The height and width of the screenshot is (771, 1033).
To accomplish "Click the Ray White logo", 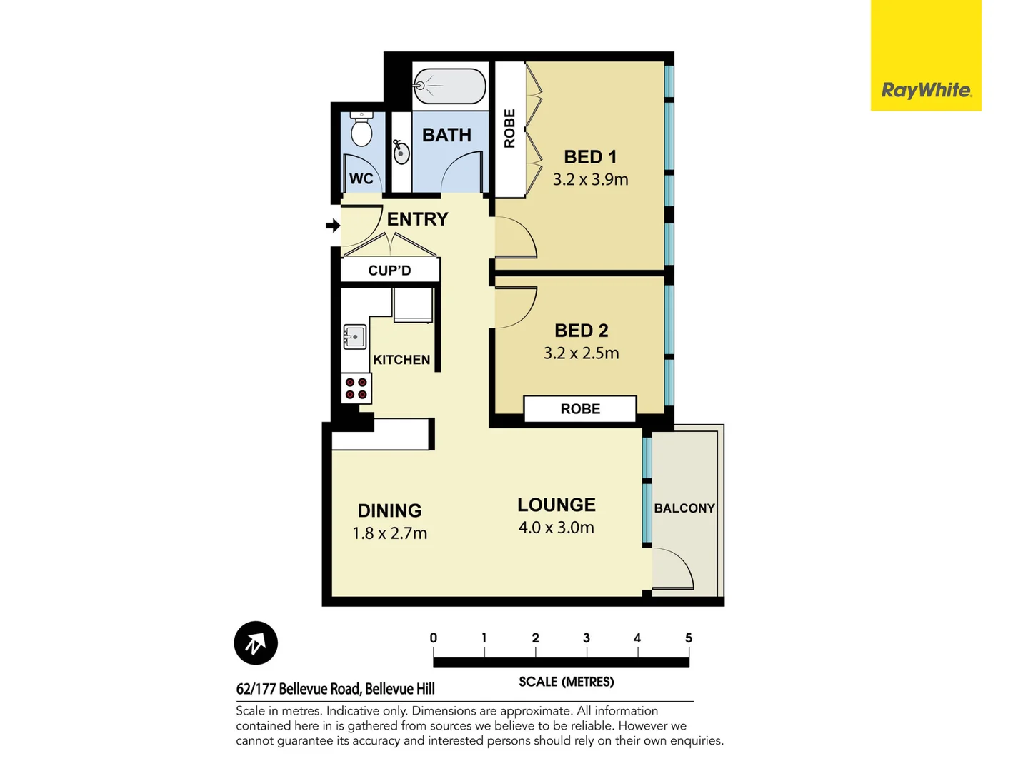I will [x=925, y=91].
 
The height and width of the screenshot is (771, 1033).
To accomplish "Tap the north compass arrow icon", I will [x=256, y=643].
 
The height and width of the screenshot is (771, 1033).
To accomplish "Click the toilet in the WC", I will [x=361, y=130].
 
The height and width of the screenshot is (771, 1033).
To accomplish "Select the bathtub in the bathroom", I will [x=450, y=86].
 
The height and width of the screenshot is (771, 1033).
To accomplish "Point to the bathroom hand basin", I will [x=401, y=151].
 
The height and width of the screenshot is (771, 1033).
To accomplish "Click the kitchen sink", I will [x=355, y=337].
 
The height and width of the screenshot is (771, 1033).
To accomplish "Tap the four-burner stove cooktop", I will [x=356, y=388].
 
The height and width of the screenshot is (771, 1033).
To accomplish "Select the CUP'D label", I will [x=389, y=271].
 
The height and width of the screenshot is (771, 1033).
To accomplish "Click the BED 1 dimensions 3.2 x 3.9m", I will [x=590, y=179].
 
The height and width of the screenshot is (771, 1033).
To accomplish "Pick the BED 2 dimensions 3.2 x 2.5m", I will [x=581, y=353].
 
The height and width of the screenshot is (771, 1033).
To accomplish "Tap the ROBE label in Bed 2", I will [x=580, y=409].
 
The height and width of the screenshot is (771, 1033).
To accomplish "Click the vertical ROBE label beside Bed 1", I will [x=509, y=128].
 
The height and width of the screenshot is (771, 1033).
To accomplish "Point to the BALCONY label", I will [x=684, y=508].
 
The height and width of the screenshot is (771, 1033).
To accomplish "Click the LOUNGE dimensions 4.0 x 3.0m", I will [x=556, y=528].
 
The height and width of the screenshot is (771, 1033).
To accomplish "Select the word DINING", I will [x=389, y=510].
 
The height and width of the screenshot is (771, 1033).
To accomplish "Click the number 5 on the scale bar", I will [x=689, y=638].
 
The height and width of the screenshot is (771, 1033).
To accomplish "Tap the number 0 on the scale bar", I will [x=434, y=638].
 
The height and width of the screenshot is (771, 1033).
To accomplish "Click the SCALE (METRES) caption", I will [x=566, y=682].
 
